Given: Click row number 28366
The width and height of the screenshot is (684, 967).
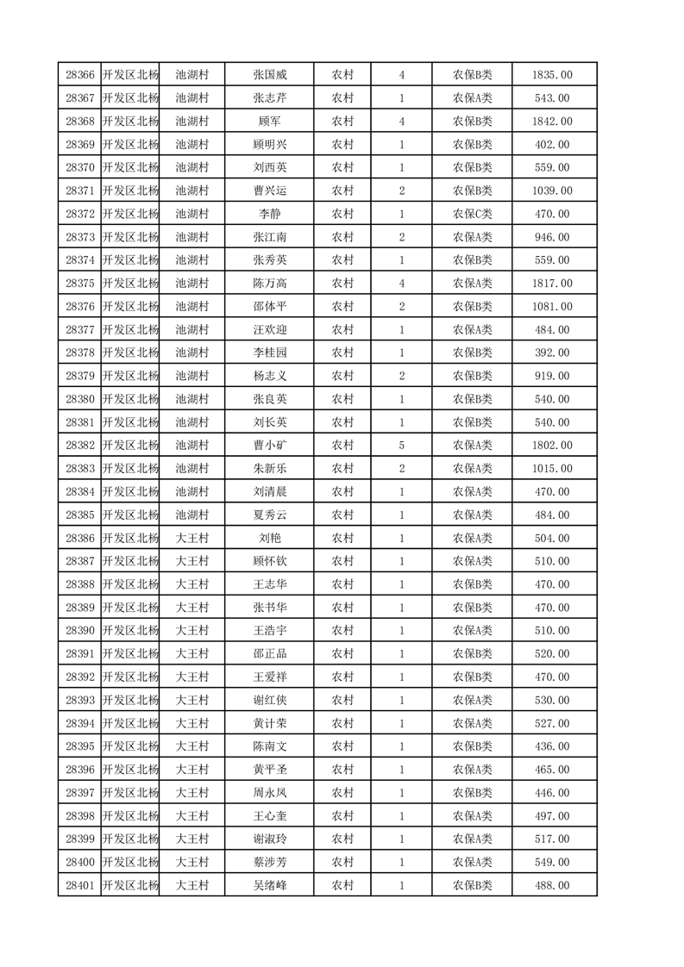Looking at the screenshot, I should click(x=79, y=75).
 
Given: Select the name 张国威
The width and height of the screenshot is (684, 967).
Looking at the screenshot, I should click(x=269, y=75).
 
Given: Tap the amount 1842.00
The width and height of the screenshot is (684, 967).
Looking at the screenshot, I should click(x=552, y=122).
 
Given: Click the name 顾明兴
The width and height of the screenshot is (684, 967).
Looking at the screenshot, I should click(x=269, y=145).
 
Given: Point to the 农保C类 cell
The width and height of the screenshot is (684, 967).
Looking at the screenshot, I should click(x=472, y=214).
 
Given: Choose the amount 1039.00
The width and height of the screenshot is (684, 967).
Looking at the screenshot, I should click(x=552, y=190).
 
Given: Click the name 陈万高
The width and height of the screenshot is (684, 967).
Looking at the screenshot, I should click(x=269, y=283).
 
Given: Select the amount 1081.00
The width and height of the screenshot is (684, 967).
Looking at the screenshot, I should click(x=552, y=306).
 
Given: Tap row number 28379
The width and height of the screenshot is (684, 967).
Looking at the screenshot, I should click(x=79, y=376).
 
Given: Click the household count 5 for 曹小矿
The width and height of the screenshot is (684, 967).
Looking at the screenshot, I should click(x=402, y=445).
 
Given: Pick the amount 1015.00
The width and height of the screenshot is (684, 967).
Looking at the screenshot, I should click(x=552, y=468).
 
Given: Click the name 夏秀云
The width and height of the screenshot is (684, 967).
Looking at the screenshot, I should click(x=269, y=515).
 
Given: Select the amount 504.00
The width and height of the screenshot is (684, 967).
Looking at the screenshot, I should click(x=552, y=538).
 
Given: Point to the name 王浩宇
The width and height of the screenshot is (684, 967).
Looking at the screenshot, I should click(x=269, y=630).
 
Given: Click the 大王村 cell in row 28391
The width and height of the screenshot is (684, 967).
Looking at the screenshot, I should click(x=192, y=653).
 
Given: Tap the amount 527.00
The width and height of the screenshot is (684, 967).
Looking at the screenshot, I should click(x=552, y=723).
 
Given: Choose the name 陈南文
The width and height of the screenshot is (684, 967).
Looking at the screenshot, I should click(x=269, y=746).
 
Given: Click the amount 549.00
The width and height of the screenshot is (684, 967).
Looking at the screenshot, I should click(x=552, y=862).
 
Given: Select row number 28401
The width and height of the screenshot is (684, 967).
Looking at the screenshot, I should click(x=79, y=885).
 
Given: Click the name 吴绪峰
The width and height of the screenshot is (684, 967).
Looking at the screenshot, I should click(x=269, y=885).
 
